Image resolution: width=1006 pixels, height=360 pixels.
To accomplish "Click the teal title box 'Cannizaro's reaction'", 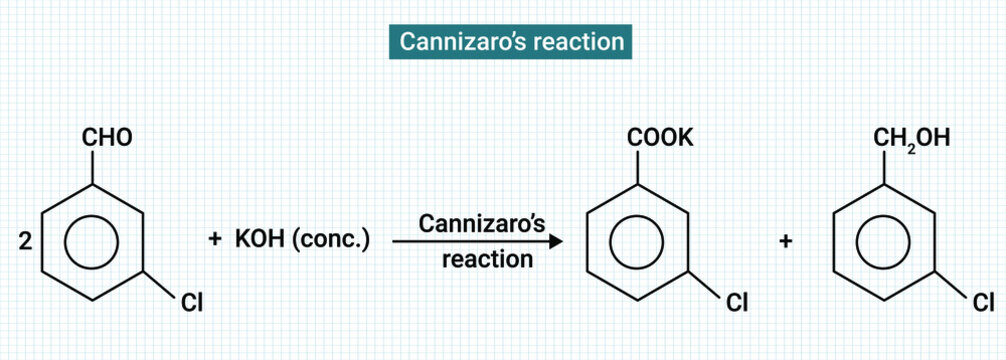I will tap(510, 42).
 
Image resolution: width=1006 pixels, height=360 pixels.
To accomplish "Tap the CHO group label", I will tap(106, 138).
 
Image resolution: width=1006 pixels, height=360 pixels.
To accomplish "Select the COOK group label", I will tap(659, 138).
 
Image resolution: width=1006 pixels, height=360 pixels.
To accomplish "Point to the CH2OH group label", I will tap(911, 138).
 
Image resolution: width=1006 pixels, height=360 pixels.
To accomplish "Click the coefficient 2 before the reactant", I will tap(26, 241).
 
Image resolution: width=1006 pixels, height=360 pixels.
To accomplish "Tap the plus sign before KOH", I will tap(214, 241).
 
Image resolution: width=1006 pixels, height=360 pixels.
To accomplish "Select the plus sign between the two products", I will tap(786, 241).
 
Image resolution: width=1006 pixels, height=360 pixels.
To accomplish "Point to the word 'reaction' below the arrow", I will tap(487, 261).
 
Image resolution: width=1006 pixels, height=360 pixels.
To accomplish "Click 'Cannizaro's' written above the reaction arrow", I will tap(481, 222).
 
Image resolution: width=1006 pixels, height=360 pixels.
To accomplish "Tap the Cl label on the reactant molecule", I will tap(191, 302).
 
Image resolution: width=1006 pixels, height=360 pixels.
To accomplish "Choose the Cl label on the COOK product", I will tap(737, 302).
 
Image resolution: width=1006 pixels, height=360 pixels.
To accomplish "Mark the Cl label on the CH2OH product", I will tap(983, 302).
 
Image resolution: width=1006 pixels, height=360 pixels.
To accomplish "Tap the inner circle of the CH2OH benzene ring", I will tap(884, 241).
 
